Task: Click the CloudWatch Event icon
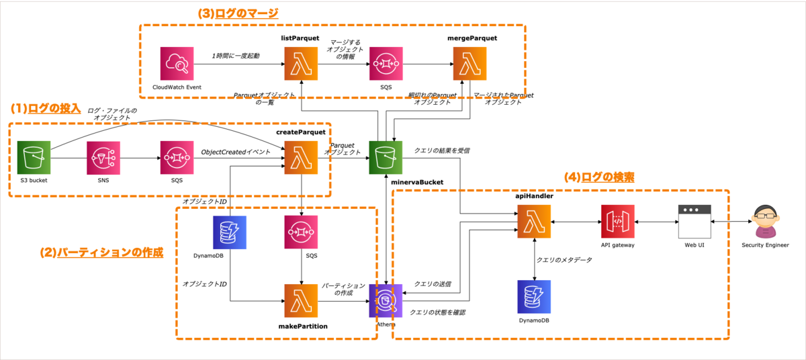click(177, 64)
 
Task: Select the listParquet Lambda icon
click(301, 64)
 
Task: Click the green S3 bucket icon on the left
click(34, 159)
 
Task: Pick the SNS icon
click(104, 159)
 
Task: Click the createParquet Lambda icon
click(301, 159)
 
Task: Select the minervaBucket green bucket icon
click(386, 159)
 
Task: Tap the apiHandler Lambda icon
click(534, 222)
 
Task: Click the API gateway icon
click(617, 222)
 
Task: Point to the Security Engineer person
click(765, 222)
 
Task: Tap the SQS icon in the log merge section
click(386, 64)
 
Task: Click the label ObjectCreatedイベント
click(236, 152)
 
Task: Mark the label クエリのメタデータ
click(564, 259)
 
